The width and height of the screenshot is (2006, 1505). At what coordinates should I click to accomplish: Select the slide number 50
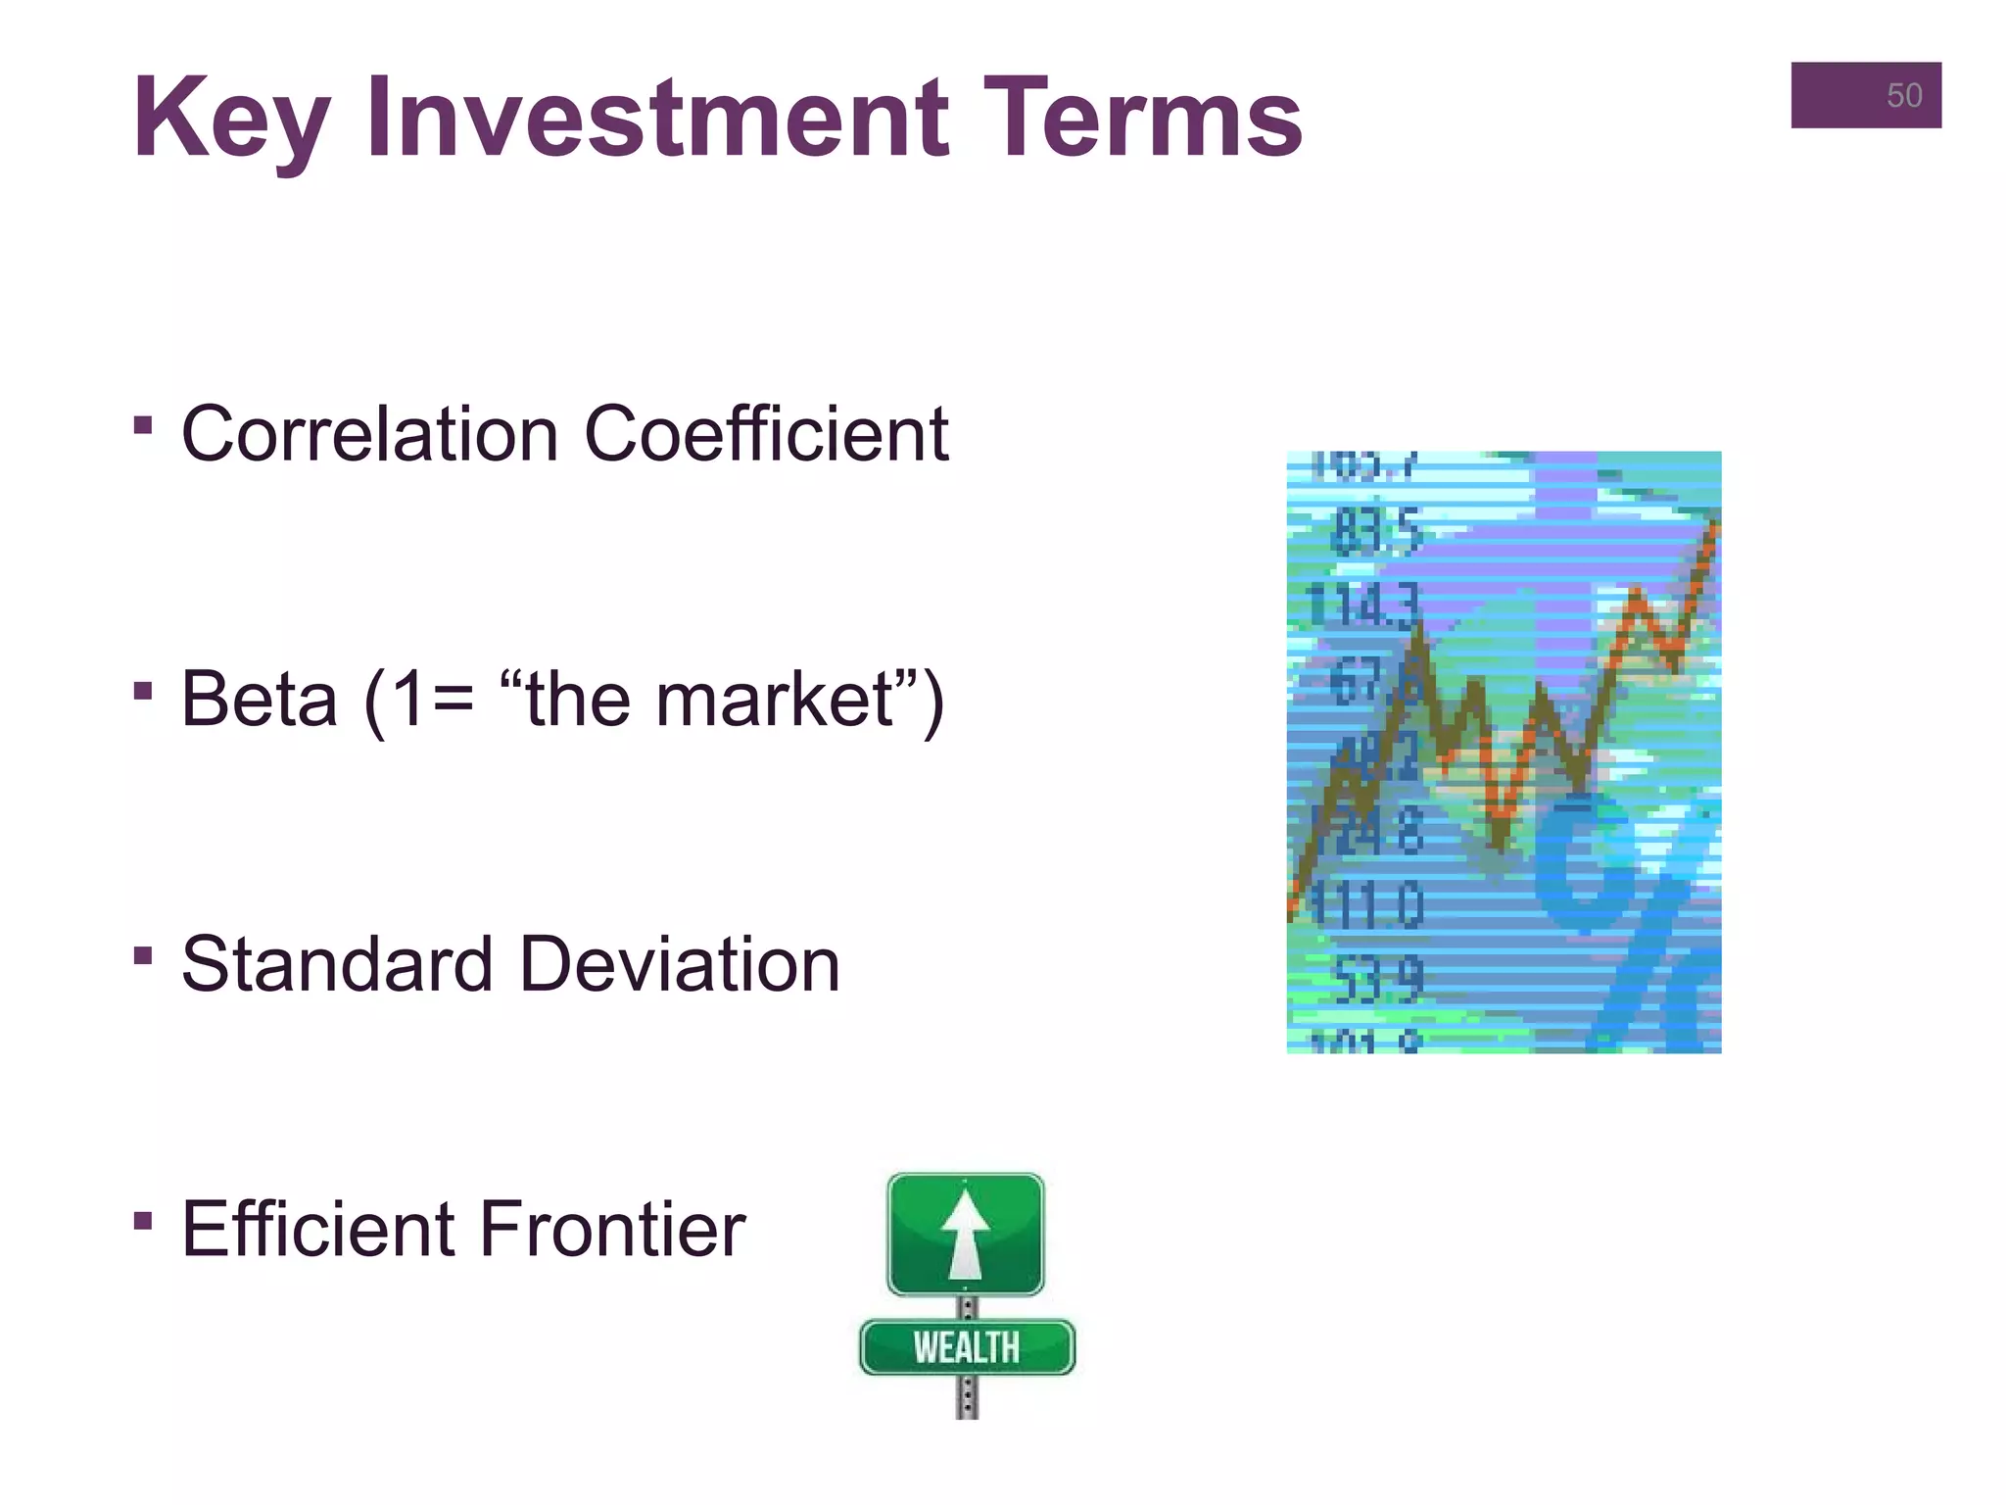1903,96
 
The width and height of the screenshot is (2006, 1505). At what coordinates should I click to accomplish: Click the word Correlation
369,434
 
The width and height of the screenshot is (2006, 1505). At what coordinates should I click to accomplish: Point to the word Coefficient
766,434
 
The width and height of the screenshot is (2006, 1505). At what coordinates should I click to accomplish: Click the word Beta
259,700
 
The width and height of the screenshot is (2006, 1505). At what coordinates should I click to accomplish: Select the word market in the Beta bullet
774,700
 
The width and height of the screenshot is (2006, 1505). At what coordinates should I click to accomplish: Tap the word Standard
337,965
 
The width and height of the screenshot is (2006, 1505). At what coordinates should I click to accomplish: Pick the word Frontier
612,1230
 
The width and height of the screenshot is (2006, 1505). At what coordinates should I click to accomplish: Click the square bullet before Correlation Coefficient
143,425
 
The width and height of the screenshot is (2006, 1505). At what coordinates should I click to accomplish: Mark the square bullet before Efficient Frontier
143,1221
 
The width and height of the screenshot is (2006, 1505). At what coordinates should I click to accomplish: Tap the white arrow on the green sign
966,1234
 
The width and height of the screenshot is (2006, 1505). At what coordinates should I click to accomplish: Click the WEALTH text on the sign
966,1348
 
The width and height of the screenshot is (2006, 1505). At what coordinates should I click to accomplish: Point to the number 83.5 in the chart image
1375,533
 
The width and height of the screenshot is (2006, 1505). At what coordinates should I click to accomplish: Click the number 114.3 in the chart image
1361,606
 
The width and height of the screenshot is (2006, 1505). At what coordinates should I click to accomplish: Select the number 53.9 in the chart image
1377,980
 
